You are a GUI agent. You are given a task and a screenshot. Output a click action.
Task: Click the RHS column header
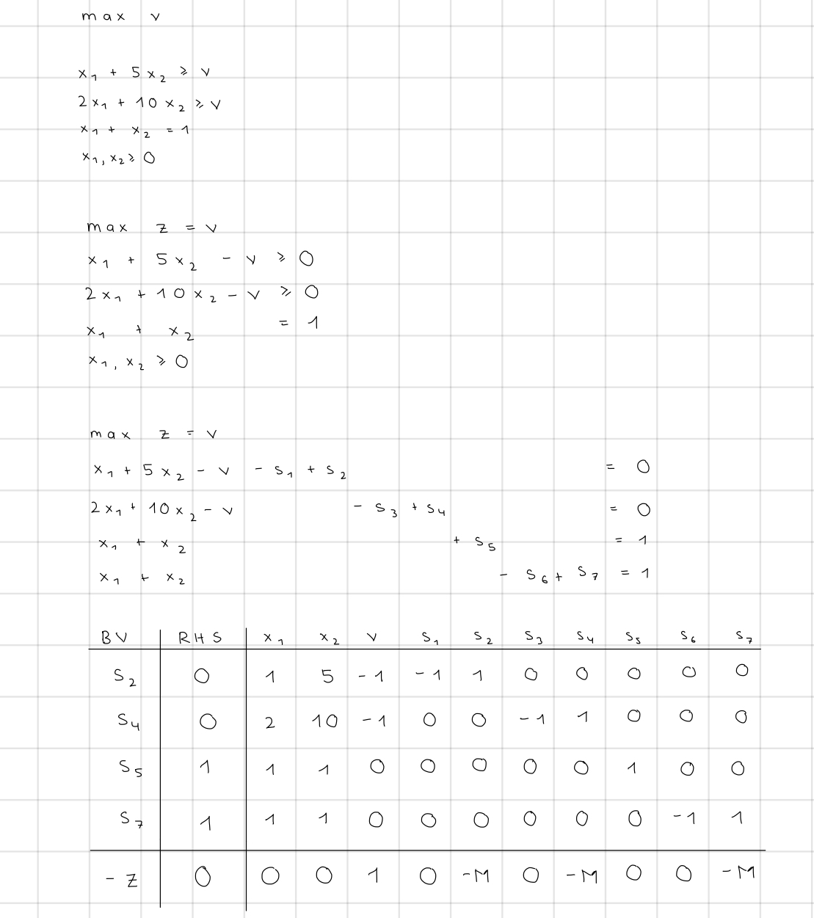coord(200,638)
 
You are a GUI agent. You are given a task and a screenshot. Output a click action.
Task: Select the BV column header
coord(114,637)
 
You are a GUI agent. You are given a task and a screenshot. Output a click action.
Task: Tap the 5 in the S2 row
coord(327,677)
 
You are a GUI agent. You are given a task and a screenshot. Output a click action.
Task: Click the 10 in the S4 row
coord(324,721)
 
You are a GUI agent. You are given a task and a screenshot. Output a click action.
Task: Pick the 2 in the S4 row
coord(270,723)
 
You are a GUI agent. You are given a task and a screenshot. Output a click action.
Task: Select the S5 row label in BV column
coord(131,768)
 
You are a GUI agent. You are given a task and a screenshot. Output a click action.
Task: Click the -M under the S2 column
coord(476,875)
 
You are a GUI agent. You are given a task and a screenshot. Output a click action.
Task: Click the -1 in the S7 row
coord(684,818)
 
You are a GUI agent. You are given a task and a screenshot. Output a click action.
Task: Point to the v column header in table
coord(372,638)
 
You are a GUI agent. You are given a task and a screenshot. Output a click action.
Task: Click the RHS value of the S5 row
coord(205,768)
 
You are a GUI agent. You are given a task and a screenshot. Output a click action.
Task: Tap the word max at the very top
coord(103,15)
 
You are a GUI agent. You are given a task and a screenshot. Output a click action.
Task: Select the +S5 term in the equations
coord(476,542)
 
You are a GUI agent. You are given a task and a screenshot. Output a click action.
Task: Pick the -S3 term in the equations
coord(377,508)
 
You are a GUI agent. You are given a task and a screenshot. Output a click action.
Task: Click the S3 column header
coord(533,638)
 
